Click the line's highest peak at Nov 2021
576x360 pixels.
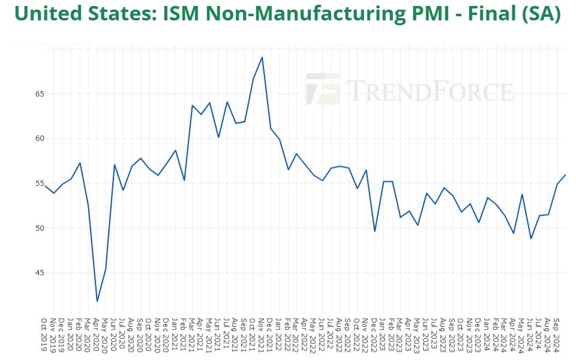point(262,58)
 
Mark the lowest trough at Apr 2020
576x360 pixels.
point(97,301)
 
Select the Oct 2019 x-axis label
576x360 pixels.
point(45,335)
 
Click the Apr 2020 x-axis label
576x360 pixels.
point(97,335)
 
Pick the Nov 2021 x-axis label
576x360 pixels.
point(262,335)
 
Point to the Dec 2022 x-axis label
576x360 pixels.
point(375,335)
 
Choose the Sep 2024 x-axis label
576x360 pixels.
point(557,335)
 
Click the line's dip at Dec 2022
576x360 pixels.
point(375,231)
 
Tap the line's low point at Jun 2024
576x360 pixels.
point(531,238)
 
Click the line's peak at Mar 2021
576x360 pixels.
point(193,106)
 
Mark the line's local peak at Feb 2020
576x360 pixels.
point(80,163)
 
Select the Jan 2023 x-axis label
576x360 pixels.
point(384,335)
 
